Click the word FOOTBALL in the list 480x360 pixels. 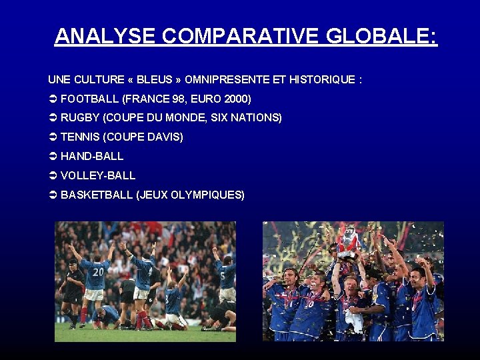point(87,99)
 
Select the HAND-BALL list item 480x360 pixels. point(92,156)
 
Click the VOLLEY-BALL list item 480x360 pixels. point(98,175)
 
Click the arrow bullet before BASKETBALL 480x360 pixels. point(53,195)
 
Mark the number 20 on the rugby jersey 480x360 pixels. point(98,272)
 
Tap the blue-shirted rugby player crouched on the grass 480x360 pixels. point(107,313)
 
